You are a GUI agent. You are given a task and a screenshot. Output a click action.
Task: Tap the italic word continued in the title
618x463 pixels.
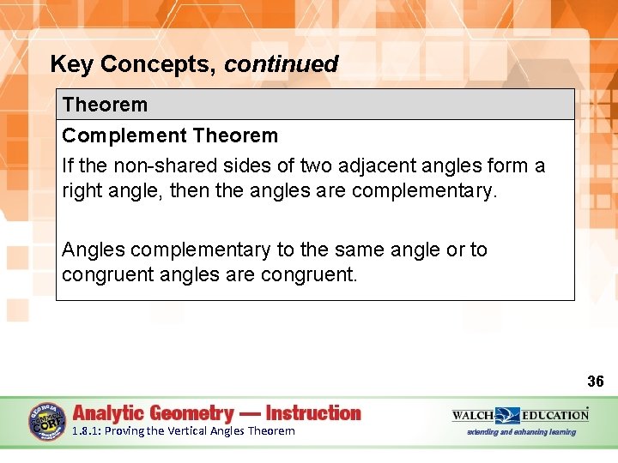[x=282, y=64]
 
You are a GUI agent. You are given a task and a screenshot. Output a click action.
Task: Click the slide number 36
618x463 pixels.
[x=596, y=382]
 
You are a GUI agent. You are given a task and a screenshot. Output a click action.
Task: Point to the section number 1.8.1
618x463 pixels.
[x=86, y=431]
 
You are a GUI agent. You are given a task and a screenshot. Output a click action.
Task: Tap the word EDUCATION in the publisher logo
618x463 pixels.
[x=555, y=415]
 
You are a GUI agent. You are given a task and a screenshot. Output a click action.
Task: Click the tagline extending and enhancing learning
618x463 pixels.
[x=521, y=432]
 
